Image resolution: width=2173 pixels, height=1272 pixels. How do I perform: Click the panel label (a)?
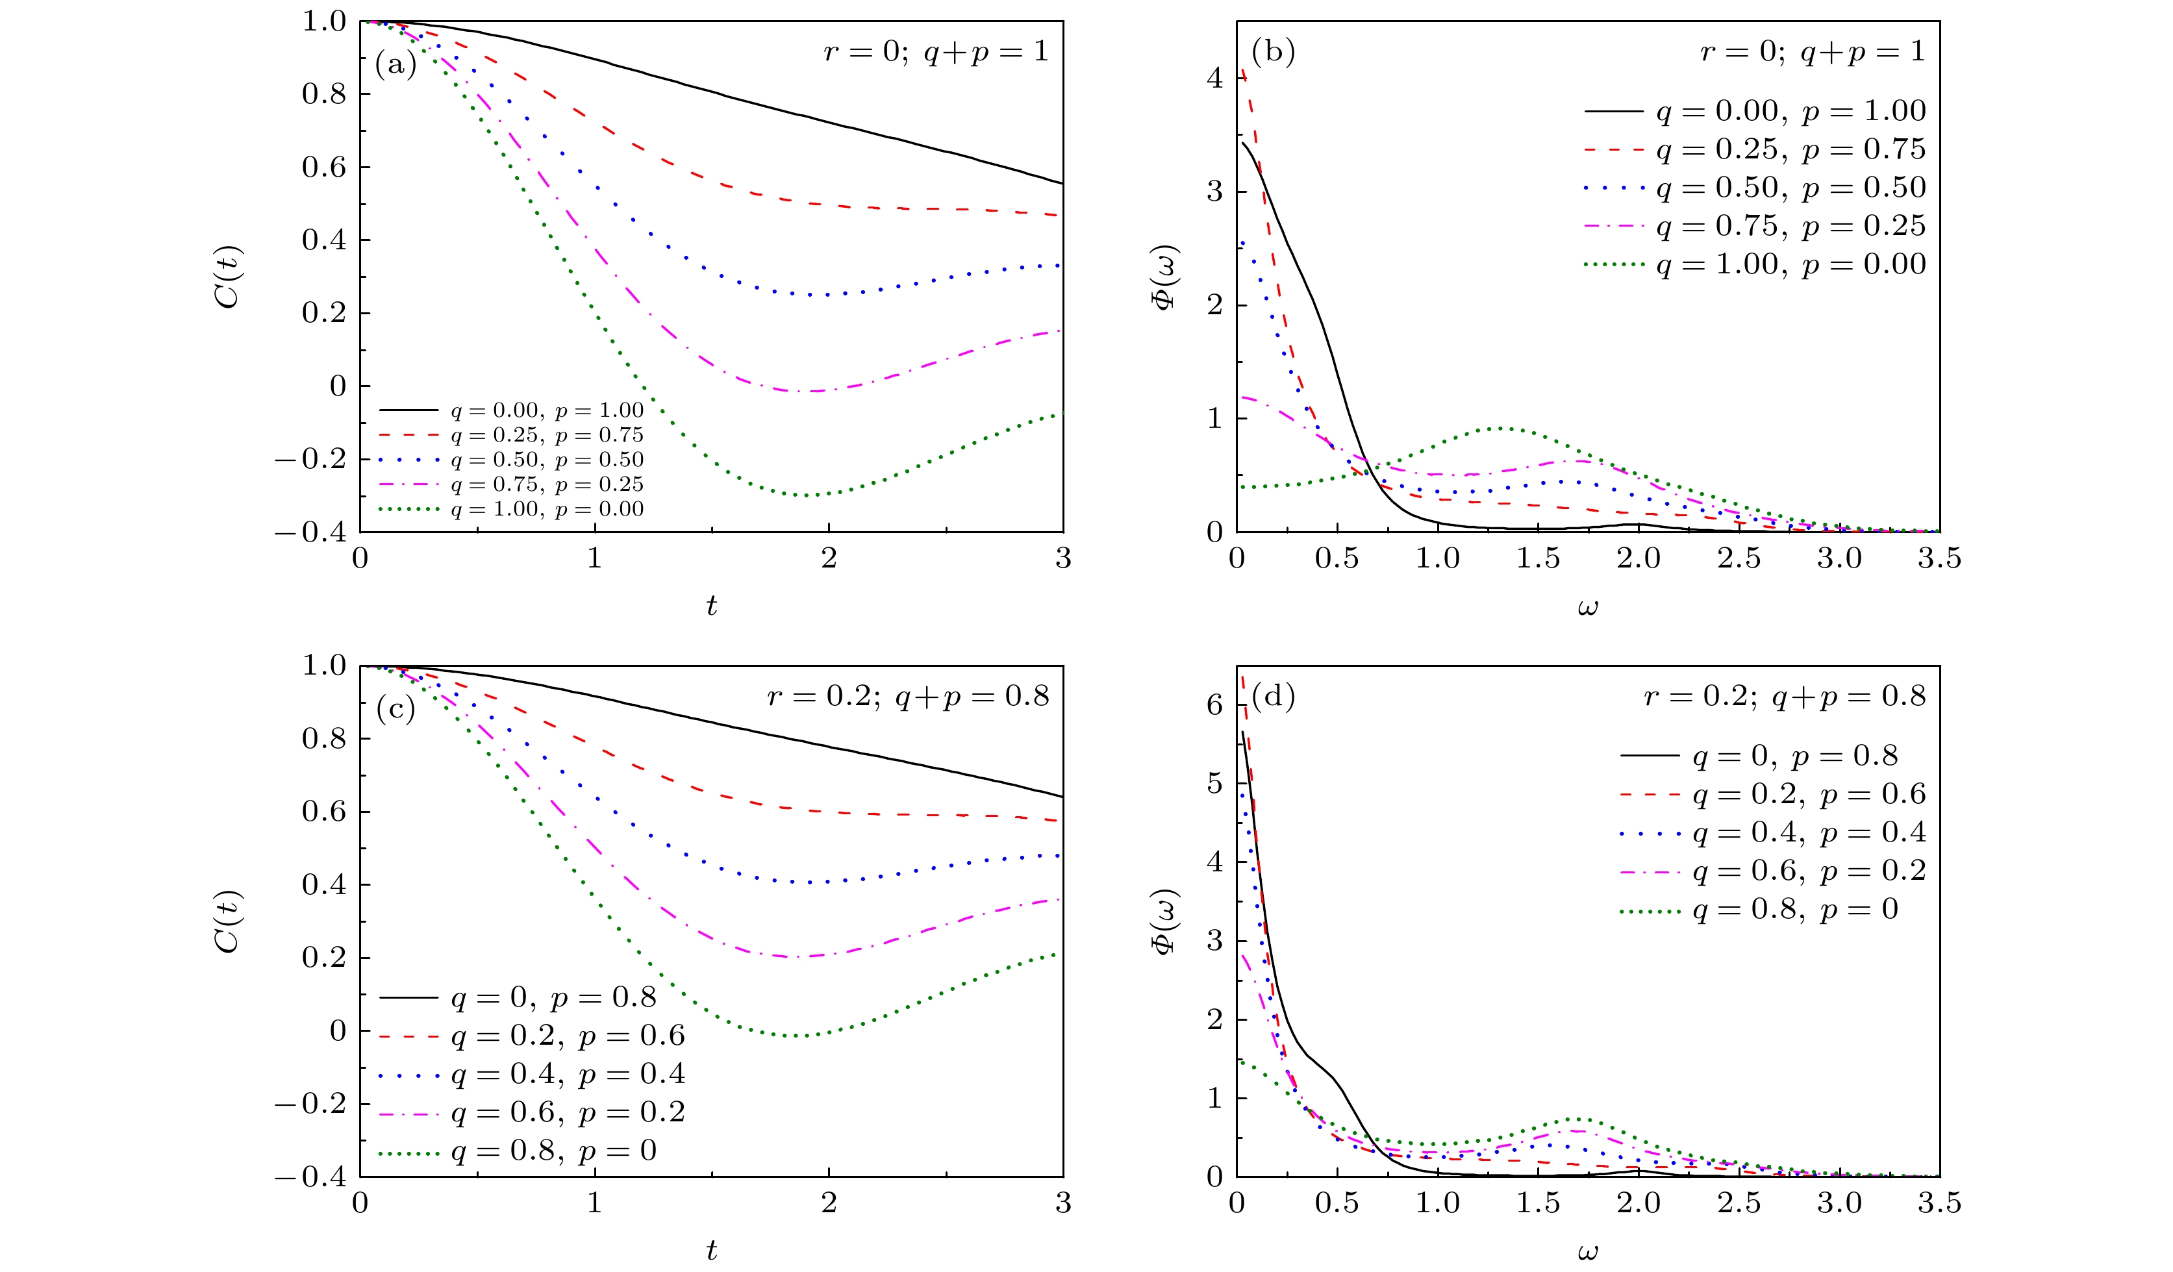coord(396,64)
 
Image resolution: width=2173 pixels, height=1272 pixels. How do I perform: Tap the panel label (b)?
coord(1273,53)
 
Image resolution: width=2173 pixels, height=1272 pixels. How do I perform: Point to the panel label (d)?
coord(1273,696)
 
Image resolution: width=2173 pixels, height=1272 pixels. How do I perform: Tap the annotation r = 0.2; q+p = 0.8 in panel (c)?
coord(908,696)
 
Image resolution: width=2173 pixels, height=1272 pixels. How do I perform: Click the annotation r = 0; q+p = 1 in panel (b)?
coord(1813,52)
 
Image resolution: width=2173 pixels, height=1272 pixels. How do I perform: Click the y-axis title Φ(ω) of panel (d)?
coord(1166,922)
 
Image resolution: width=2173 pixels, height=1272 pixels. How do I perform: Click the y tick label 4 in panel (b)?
coord(1215,79)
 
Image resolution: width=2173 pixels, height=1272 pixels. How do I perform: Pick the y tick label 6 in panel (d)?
coord(1215,705)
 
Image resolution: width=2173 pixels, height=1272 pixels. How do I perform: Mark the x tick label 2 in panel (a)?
coord(829,559)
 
